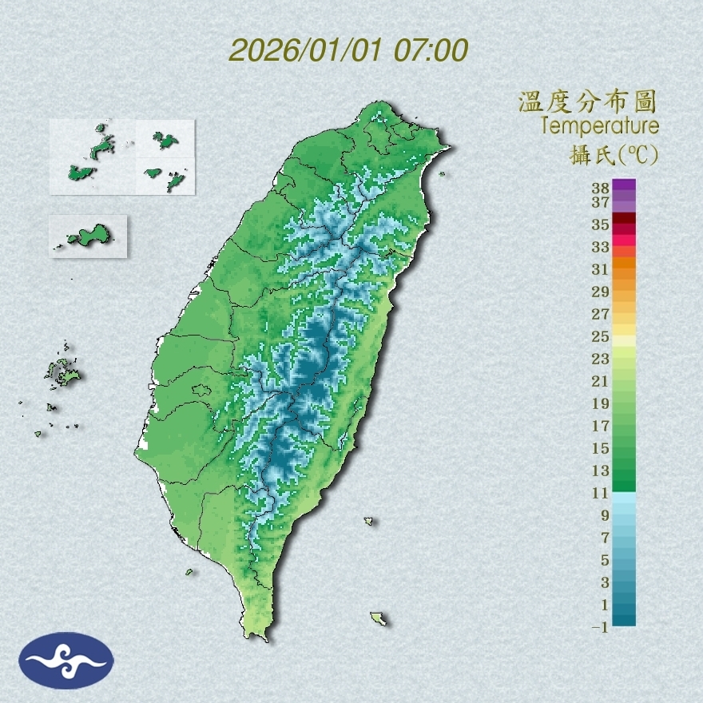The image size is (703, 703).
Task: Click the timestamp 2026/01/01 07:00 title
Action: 348,50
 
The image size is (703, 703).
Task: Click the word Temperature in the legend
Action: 599,125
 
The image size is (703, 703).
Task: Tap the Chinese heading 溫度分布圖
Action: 588,101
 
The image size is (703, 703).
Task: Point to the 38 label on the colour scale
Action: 601,189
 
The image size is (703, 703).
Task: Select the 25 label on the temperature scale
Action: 601,336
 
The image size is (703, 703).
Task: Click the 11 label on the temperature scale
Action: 601,493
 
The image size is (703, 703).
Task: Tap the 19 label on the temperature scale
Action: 601,403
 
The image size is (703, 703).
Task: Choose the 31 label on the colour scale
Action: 601,268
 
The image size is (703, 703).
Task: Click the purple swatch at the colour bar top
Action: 625,185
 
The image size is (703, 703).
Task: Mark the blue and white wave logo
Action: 66,660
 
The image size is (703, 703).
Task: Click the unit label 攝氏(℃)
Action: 614,154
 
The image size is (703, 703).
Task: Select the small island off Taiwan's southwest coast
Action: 190,571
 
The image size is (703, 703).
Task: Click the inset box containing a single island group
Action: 88,236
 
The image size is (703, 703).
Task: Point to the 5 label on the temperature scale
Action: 605,559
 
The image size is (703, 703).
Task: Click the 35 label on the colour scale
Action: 601,224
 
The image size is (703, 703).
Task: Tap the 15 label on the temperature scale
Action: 601,447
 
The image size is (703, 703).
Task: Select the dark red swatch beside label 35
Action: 625,219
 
